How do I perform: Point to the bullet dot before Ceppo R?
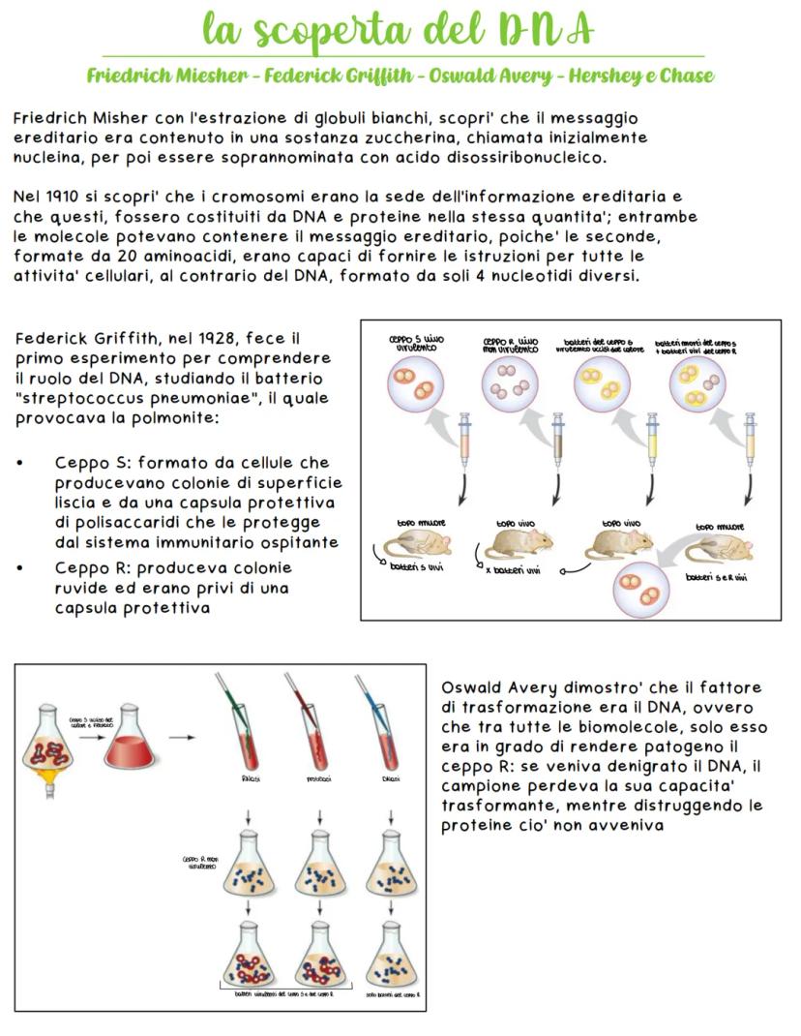coord(21,567)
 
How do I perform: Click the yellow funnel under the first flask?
coord(44,777)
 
